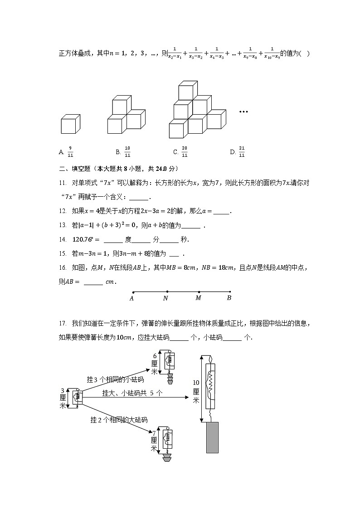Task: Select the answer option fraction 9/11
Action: coord(70,152)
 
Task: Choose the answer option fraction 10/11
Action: coord(127,152)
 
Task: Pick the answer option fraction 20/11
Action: coord(185,152)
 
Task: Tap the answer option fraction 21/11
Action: coord(242,152)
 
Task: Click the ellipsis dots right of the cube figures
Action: coord(243,111)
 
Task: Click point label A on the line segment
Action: coord(132,298)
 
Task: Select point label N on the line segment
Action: coord(166,298)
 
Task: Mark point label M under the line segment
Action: coord(198,298)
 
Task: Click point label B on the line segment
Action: coord(229,298)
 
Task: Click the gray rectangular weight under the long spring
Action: coord(212,437)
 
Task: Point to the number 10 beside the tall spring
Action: coord(196,383)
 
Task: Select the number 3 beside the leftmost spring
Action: coord(63,391)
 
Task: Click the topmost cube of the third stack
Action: coord(187,90)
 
